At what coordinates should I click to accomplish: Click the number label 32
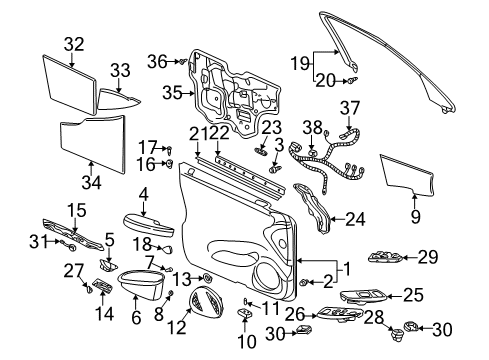coord(74,43)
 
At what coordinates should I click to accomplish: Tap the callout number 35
coord(172,93)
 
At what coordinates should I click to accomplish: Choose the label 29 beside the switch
coord(427,258)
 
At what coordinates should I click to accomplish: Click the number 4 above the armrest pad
coord(143,194)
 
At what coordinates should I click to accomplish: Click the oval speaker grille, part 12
coord(205,300)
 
